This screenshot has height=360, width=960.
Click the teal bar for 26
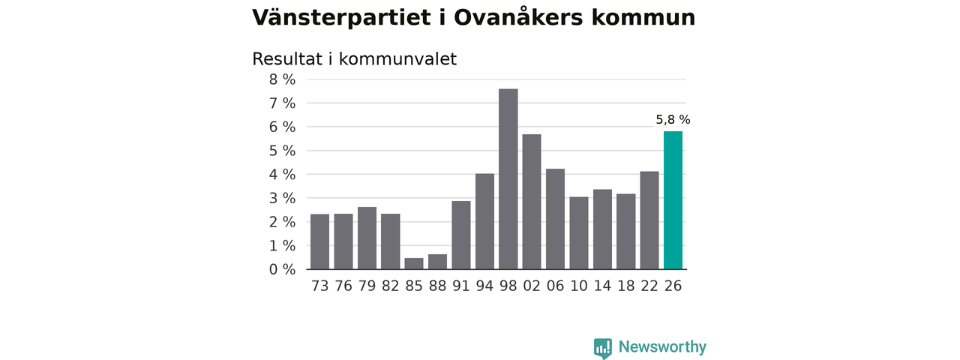(x=673, y=200)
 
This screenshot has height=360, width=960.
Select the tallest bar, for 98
(x=508, y=179)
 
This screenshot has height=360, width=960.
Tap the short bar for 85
(x=414, y=263)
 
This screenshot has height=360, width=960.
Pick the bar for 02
(x=532, y=202)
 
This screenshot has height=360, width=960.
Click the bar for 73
(x=319, y=241)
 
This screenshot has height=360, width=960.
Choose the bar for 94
(x=484, y=221)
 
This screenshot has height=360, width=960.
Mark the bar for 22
(x=649, y=220)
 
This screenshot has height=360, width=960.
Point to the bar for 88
(x=437, y=262)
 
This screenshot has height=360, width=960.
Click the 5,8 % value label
(x=673, y=119)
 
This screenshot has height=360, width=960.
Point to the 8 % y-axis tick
(x=283, y=79)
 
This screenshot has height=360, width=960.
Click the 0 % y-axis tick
(x=283, y=269)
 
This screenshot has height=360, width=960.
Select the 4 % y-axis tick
(x=283, y=175)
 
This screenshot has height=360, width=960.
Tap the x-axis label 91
(x=461, y=286)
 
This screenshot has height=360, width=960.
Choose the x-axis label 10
(x=579, y=286)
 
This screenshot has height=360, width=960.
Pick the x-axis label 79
(x=367, y=286)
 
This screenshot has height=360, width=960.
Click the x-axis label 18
(x=625, y=286)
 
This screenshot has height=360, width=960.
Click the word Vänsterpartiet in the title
(x=341, y=17)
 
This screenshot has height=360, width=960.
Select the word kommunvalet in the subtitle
(x=397, y=59)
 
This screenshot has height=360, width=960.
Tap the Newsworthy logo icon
(x=603, y=348)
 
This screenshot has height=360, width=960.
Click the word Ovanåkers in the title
(x=518, y=17)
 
